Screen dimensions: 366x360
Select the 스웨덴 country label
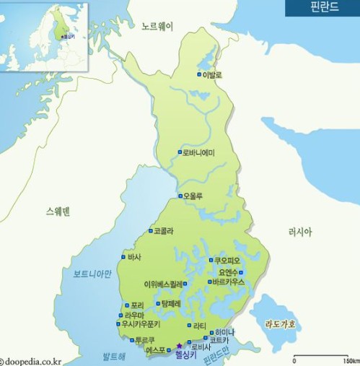pyautogui.click(x=58, y=211)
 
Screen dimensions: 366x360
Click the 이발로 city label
pyautogui.click(x=213, y=74)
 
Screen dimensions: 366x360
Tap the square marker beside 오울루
pyautogui.click(x=180, y=196)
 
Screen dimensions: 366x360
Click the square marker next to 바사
pyautogui.click(x=123, y=257)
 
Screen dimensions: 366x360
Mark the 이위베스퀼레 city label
pyautogui.click(x=164, y=284)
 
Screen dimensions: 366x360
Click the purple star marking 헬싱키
pyautogui.click(x=179, y=347)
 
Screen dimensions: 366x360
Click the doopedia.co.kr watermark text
pyautogui.click(x=32, y=360)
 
